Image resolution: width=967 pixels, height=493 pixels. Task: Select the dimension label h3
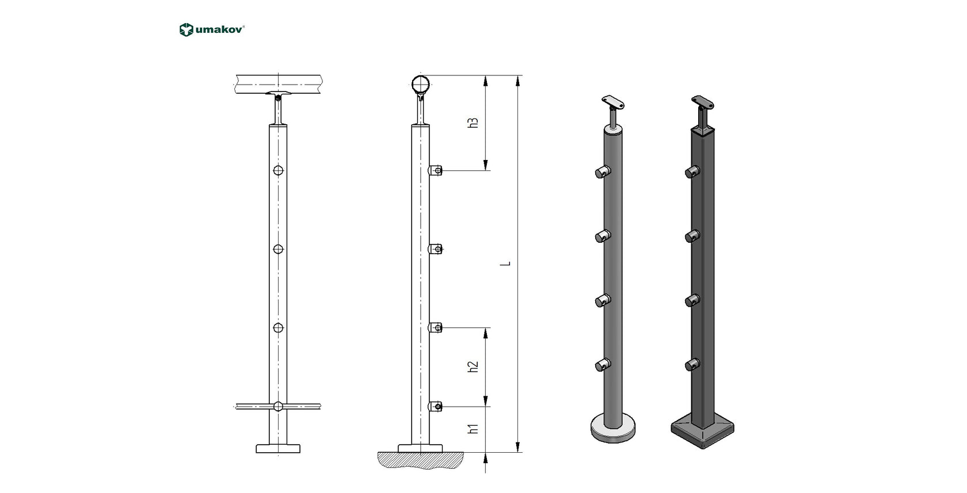[473, 123]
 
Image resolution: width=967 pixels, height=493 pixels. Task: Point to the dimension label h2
[473, 366]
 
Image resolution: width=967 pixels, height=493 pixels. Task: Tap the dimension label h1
[473, 429]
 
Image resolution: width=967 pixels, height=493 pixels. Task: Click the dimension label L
[505, 263]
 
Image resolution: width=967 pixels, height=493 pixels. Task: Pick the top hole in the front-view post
[279, 170]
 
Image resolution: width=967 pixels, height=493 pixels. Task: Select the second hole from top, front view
[279, 249]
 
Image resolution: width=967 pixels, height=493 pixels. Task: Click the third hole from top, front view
[279, 328]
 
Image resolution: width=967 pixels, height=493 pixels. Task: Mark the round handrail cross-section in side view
[421, 85]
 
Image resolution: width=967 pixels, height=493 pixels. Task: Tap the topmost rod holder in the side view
[436, 170]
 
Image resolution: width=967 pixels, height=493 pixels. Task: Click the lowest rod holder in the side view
[436, 407]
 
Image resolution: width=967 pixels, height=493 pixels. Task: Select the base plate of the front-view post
[279, 448]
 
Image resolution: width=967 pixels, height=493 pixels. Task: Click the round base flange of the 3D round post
[613, 428]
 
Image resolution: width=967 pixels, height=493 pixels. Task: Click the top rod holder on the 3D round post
[603, 171]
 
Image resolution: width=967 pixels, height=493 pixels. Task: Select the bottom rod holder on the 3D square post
[692, 364]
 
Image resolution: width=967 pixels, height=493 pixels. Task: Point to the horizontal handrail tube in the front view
[279, 85]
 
